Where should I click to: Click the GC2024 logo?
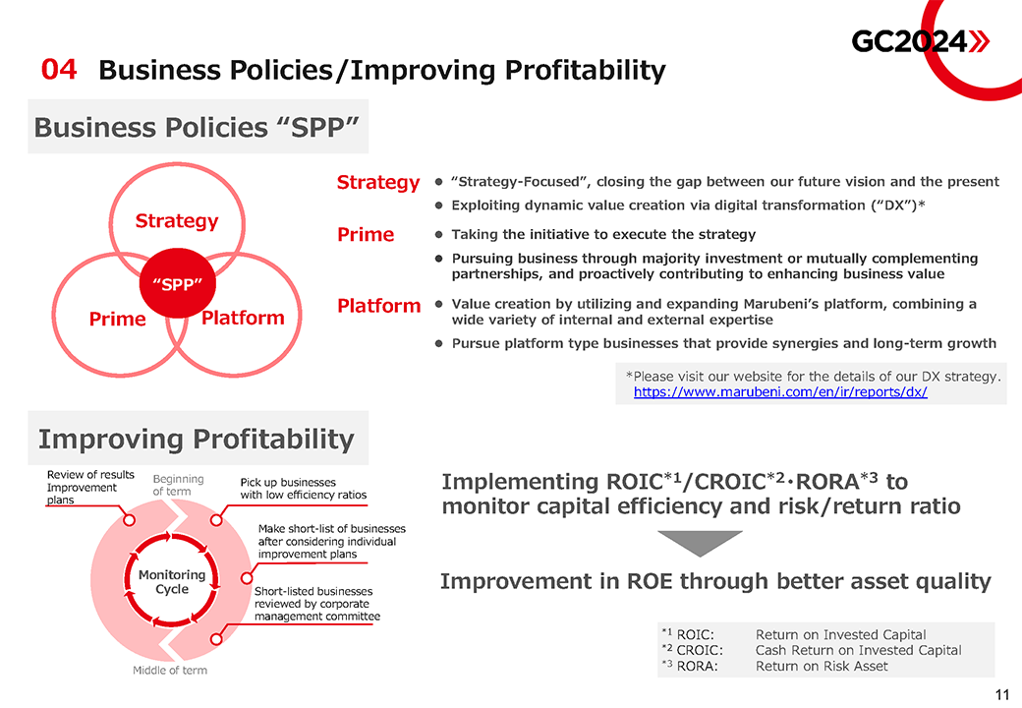tap(921, 41)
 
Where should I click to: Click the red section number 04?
tap(59, 70)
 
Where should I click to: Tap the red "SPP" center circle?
tap(177, 283)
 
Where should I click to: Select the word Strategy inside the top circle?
tap(177, 221)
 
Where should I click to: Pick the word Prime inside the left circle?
tap(117, 319)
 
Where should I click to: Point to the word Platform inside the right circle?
tap(243, 318)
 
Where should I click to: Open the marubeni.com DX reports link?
tap(780, 391)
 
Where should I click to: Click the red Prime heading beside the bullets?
tap(366, 234)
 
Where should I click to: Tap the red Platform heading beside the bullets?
tap(378, 305)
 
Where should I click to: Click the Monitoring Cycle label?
tap(172, 581)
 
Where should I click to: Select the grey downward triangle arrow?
tap(700, 543)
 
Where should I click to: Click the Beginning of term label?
tap(178, 485)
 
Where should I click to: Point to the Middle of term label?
tap(170, 671)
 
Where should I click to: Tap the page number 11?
tap(1001, 694)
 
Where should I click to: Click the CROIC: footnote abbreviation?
tap(700, 650)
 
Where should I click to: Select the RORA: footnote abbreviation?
tap(697, 667)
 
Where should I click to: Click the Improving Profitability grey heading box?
tap(199, 439)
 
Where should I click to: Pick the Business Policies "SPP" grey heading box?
tap(199, 127)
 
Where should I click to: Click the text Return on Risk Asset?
tap(822, 667)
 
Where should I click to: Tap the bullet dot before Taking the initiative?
tap(438, 235)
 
